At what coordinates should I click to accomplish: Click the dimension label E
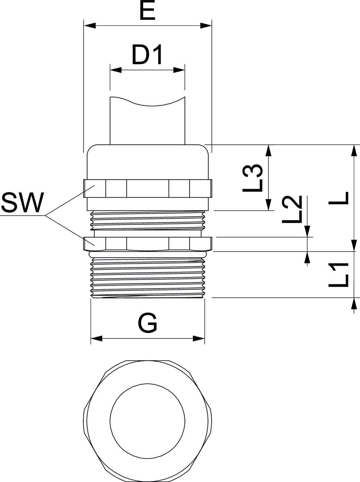[x=148, y=12]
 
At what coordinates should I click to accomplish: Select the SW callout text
[x=22, y=203]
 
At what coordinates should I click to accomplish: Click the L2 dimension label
[x=292, y=209]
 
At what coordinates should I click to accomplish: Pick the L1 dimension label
[x=339, y=275]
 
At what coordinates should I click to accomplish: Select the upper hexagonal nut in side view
[x=148, y=188]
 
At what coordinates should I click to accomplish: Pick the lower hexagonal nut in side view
[x=148, y=244]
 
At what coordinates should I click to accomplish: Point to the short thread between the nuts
[x=148, y=220]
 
